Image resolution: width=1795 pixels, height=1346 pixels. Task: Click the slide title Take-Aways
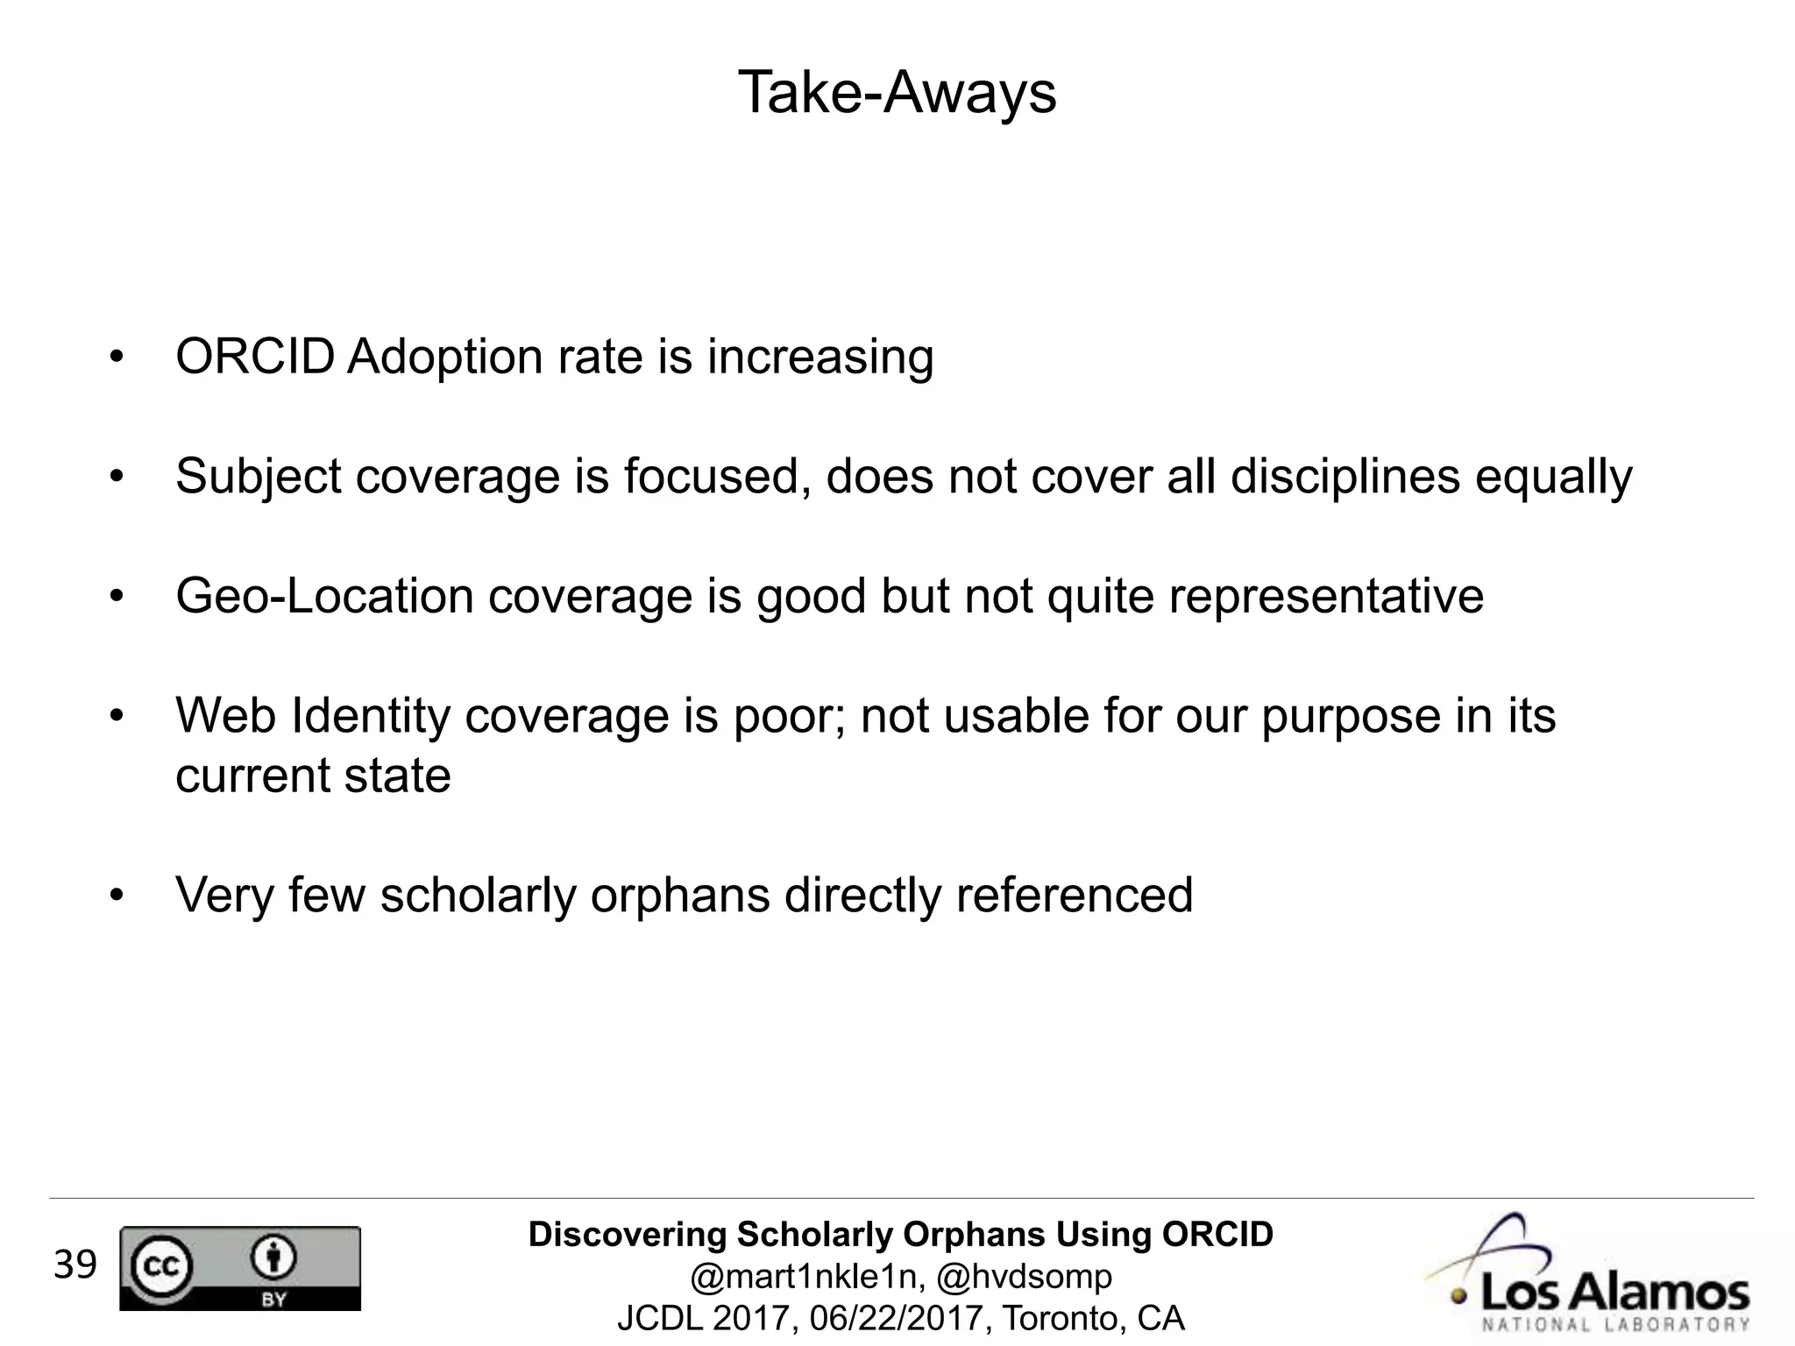pos(897,93)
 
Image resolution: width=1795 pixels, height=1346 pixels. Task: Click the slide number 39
pos(74,1265)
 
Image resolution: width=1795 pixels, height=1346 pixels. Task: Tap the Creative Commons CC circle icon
pos(161,1265)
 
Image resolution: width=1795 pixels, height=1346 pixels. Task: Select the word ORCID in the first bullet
pos(254,357)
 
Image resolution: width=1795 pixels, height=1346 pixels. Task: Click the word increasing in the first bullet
pos(820,357)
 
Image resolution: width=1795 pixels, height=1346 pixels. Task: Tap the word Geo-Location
pos(324,596)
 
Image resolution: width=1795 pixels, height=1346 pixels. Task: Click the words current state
pos(313,776)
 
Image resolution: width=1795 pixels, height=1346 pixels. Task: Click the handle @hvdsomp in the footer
pos(1024,1277)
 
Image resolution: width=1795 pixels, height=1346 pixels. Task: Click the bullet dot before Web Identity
pos(117,717)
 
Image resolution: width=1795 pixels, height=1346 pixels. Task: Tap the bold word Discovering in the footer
pos(628,1235)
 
